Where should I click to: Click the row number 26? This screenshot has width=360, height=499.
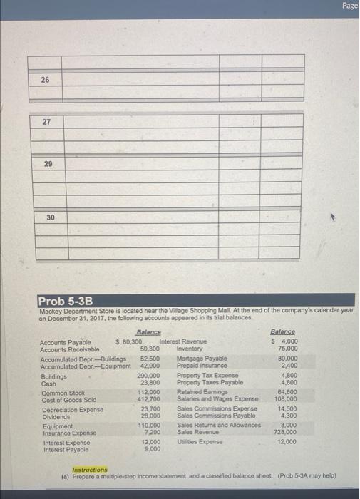(45, 80)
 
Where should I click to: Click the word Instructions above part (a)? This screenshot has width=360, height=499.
(90, 470)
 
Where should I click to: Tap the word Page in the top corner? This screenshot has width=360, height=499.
(349, 6)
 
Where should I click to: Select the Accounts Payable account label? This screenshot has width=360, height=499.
(65, 343)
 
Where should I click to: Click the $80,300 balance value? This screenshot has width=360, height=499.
(128, 343)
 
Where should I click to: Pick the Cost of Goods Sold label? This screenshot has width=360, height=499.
(68, 400)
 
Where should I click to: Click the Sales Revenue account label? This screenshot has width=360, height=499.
(196, 432)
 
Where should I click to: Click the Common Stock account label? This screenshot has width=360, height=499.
(63, 392)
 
